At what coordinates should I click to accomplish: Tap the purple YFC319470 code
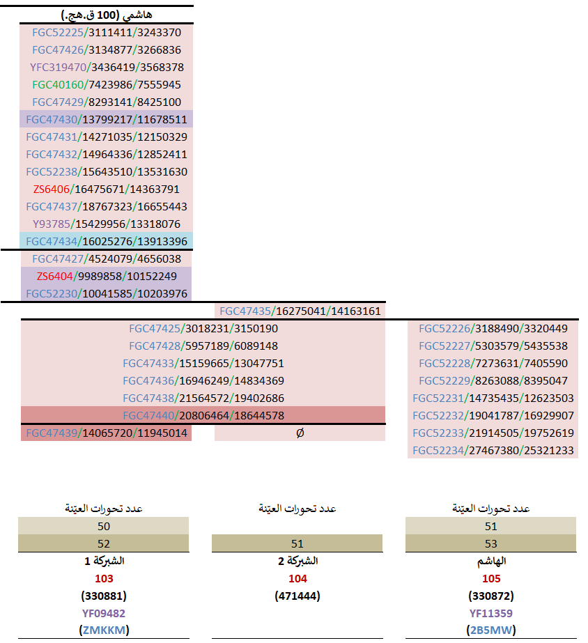coord(58,68)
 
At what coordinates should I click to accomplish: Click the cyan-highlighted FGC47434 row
coord(106,242)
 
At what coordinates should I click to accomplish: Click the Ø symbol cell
coord(300,433)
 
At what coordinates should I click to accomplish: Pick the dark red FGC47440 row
coord(203,416)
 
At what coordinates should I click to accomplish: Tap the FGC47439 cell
coord(106,433)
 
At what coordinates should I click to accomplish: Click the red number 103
coord(104,579)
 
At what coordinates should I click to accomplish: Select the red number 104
coord(297,579)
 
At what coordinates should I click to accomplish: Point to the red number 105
coord(491,579)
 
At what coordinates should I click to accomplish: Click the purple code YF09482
coord(104,614)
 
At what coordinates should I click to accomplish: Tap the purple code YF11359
coord(491,614)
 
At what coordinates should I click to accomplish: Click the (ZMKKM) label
coord(104,630)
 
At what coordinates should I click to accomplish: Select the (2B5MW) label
coord(491,630)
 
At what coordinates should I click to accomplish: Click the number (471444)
coord(297,596)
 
